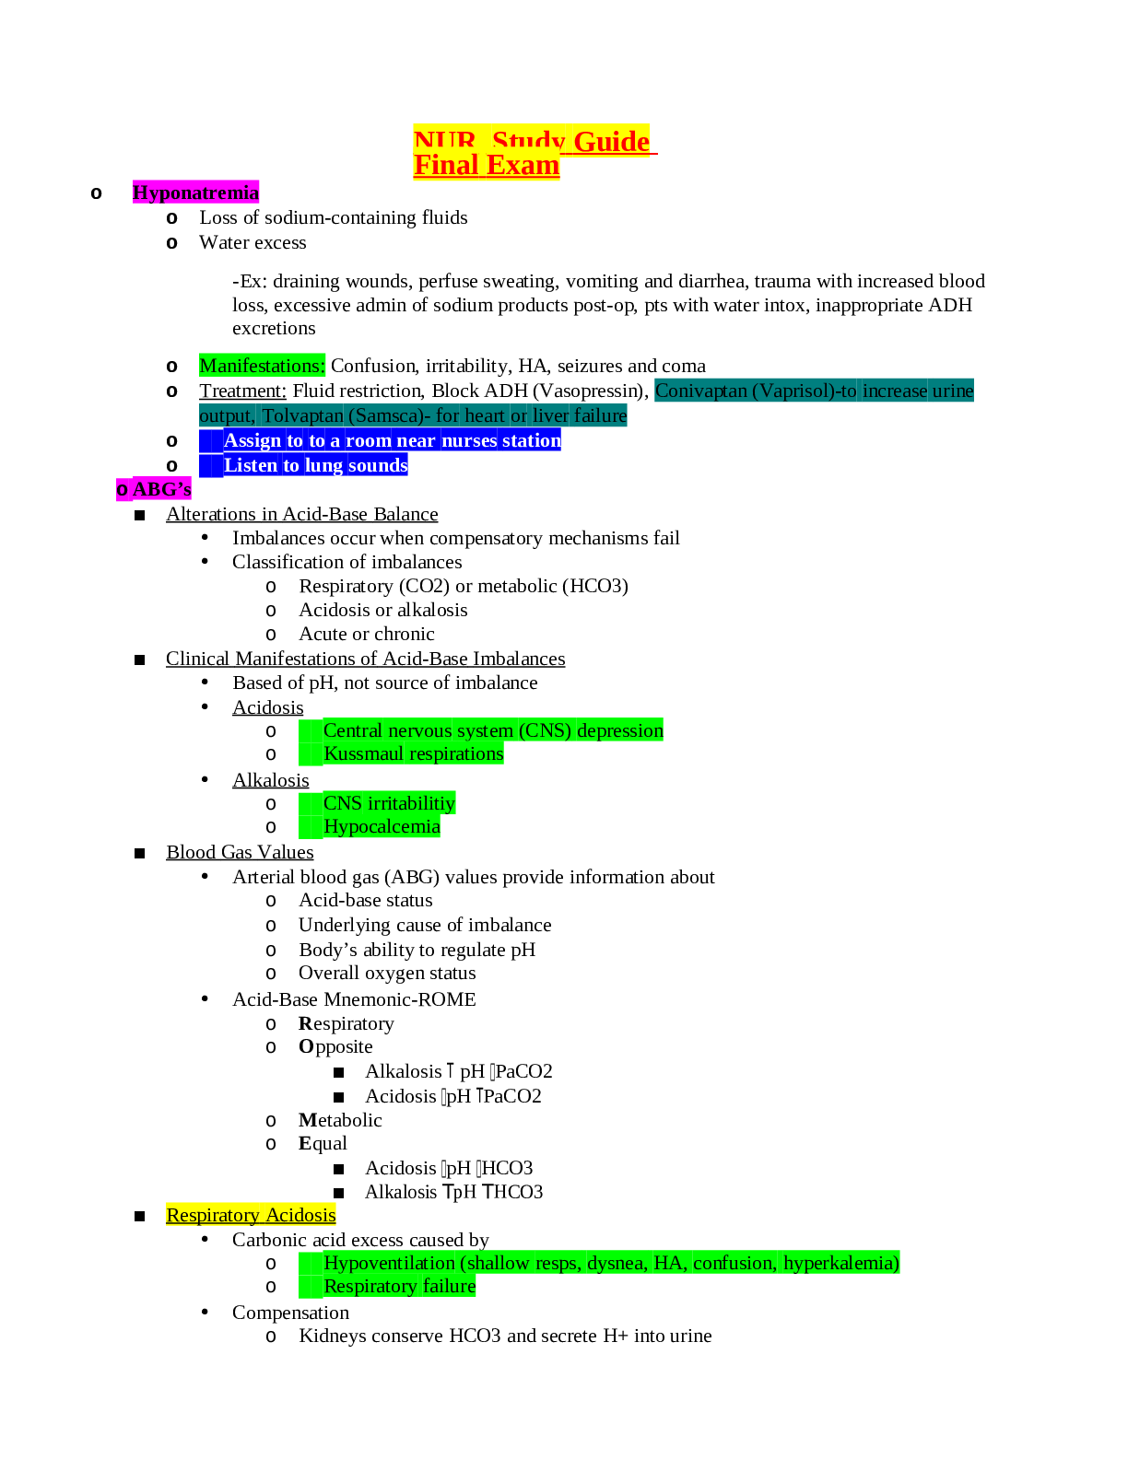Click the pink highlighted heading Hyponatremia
tap(195, 193)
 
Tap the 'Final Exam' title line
tap(486, 166)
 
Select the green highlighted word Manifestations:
tap(262, 366)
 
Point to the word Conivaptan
tap(700, 391)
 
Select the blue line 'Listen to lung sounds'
tap(315, 465)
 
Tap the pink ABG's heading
tap(154, 489)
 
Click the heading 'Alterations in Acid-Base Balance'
tap(301, 514)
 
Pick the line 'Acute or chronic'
tap(366, 634)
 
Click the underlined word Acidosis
tap(267, 707)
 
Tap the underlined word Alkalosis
tap(270, 780)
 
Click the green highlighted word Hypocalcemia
tap(382, 826)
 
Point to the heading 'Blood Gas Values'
tap(240, 852)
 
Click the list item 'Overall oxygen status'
tap(387, 973)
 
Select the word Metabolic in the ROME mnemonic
tap(340, 1120)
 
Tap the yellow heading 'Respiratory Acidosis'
tap(251, 1215)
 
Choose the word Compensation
tap(290, 1313)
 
